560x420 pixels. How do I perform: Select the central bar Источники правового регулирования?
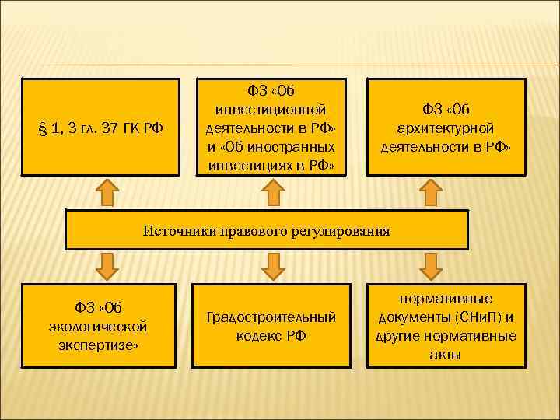pyautogui.click(x=267, y=229)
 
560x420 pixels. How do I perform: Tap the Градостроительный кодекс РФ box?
pyautogui.click(x=271, y=326)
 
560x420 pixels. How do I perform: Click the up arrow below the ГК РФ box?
pyautogui.click(x=107, y=192)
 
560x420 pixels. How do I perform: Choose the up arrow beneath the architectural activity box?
pyautogui.click(x=432, y=192)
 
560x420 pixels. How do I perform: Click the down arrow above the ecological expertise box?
pyautogui.click(x=107, y=266)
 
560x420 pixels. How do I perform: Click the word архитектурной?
pyautogui.click(x=446, y=128)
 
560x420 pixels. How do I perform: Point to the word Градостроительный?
pyautogui.click(x=271, y=317)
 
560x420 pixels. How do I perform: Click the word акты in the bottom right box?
pyautogui.click(x=445, y=355)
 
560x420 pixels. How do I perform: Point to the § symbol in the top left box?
pyautogui.click(x=42, y=128)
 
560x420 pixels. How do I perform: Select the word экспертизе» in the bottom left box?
pyautogui.click(x=97, y=345)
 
